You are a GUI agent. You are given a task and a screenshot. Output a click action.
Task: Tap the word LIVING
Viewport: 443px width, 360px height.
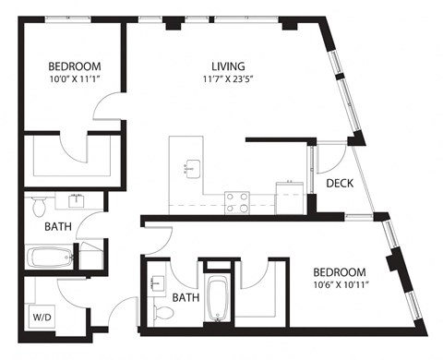tap(228, 66)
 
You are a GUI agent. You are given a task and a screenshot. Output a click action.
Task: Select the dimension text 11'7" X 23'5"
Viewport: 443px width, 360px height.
tap(228, 79)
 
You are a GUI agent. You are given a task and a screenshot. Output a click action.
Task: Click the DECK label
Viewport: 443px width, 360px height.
tap(341, 184)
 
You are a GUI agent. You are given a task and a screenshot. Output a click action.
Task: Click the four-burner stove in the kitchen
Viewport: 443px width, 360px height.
tap(237, 201)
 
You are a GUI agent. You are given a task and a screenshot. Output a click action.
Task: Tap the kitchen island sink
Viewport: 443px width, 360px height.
tap(193, 167)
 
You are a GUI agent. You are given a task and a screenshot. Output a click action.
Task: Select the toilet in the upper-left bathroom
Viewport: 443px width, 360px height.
tap(40, 204)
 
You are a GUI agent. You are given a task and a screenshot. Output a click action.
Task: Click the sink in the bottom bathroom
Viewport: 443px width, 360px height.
tap(157, 283)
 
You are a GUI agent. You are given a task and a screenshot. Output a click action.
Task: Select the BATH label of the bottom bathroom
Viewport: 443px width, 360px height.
tap(186, 298)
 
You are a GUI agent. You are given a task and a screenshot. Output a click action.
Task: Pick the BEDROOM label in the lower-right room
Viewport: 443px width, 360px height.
tap(338, 272)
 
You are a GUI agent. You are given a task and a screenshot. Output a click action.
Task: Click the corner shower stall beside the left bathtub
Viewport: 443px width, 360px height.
tap(92, 254)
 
